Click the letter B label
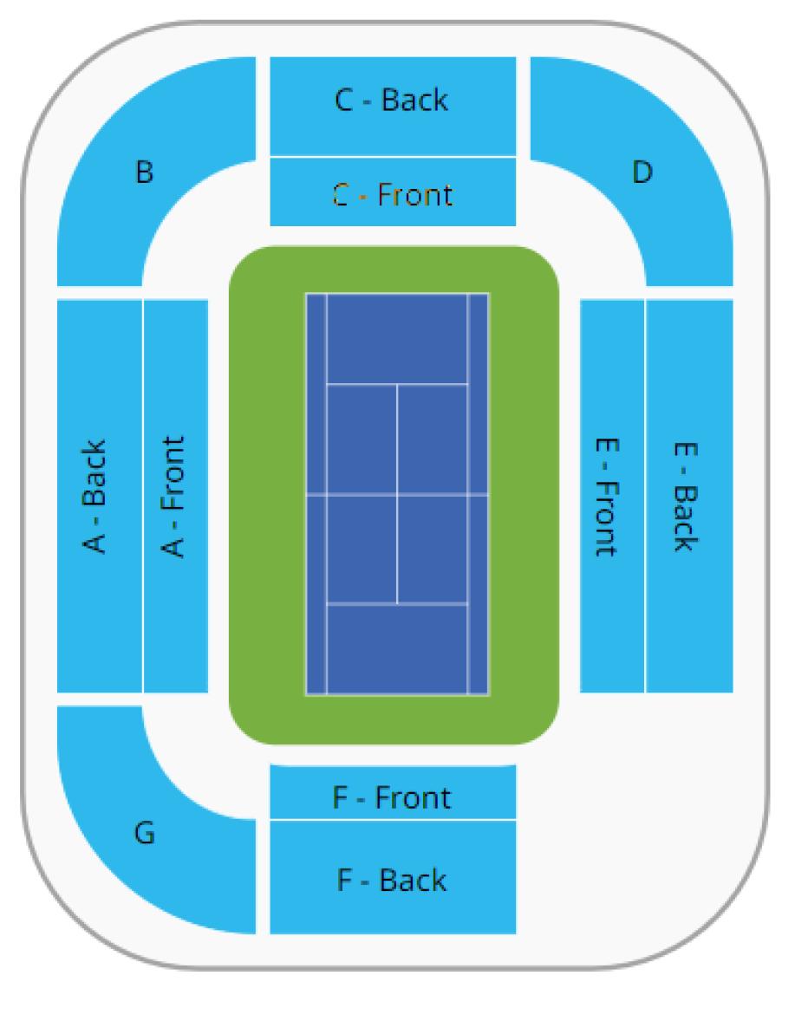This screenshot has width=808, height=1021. point(145,172)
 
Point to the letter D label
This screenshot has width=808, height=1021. point(642,172)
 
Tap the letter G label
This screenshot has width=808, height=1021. point(145,834)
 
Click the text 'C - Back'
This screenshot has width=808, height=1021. point(392,100)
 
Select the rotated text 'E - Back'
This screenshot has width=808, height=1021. point(686,496)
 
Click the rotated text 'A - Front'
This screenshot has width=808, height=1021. point(175,497)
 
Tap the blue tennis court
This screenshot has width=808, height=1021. point(397,494)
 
